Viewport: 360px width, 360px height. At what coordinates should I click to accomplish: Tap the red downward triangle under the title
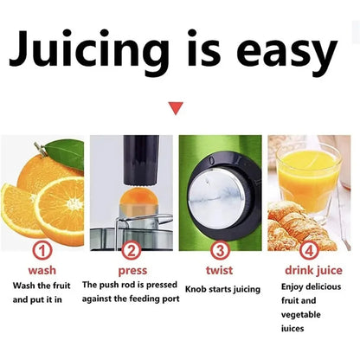click(x=176, y=108)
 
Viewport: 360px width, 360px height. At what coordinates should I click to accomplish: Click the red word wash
click(x=43, y=270)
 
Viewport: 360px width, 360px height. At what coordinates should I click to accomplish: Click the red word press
click(x=132, y=270)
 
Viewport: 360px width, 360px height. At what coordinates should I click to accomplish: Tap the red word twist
click(x=220, y=270)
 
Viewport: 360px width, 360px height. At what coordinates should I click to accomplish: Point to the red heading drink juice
click(x=309, y=270)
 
